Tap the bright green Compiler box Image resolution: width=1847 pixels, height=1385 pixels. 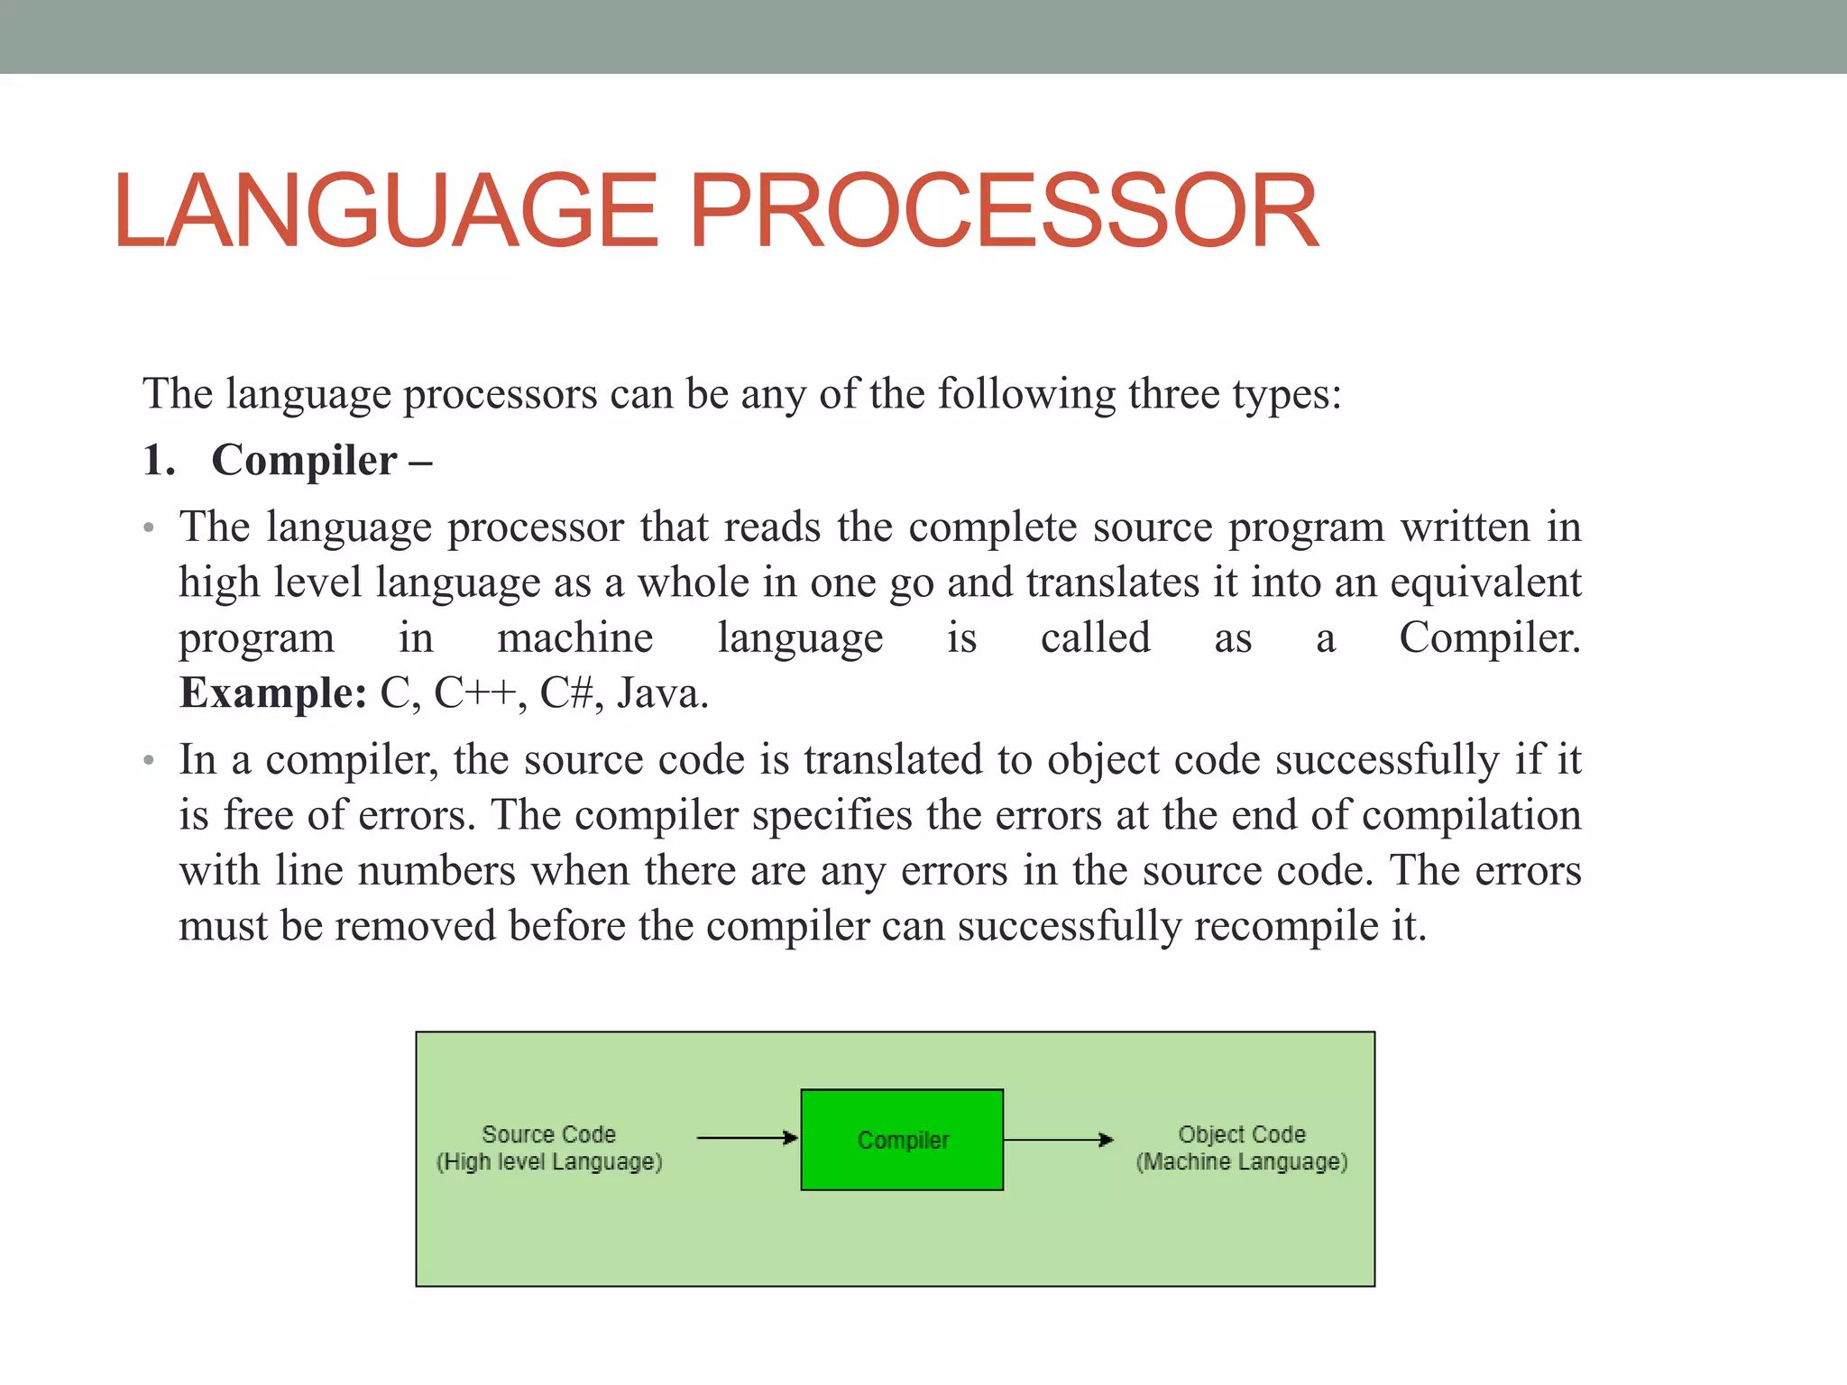(902, 1140)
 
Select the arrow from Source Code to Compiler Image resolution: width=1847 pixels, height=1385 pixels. (747, 1138)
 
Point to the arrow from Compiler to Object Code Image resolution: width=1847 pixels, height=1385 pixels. (1058, 1140)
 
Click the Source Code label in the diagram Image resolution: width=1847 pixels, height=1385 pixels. (548, 1133)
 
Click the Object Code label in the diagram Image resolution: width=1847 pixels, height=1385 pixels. (1241, 1133)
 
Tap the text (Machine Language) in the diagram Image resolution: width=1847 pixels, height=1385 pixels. (1241, 1161)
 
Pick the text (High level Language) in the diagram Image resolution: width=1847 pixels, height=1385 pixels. (548, 1161)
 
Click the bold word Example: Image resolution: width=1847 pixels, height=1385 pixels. (272, 693)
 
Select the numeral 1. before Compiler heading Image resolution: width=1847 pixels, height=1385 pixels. (159, 461)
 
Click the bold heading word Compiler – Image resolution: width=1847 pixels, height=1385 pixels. (320, 461)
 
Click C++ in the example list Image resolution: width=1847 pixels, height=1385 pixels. (473, 693)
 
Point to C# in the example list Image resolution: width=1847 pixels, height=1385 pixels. (566, 693)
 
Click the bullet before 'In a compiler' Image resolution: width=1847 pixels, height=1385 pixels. (150, 760)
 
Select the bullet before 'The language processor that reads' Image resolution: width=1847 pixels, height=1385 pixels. (150, 527)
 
